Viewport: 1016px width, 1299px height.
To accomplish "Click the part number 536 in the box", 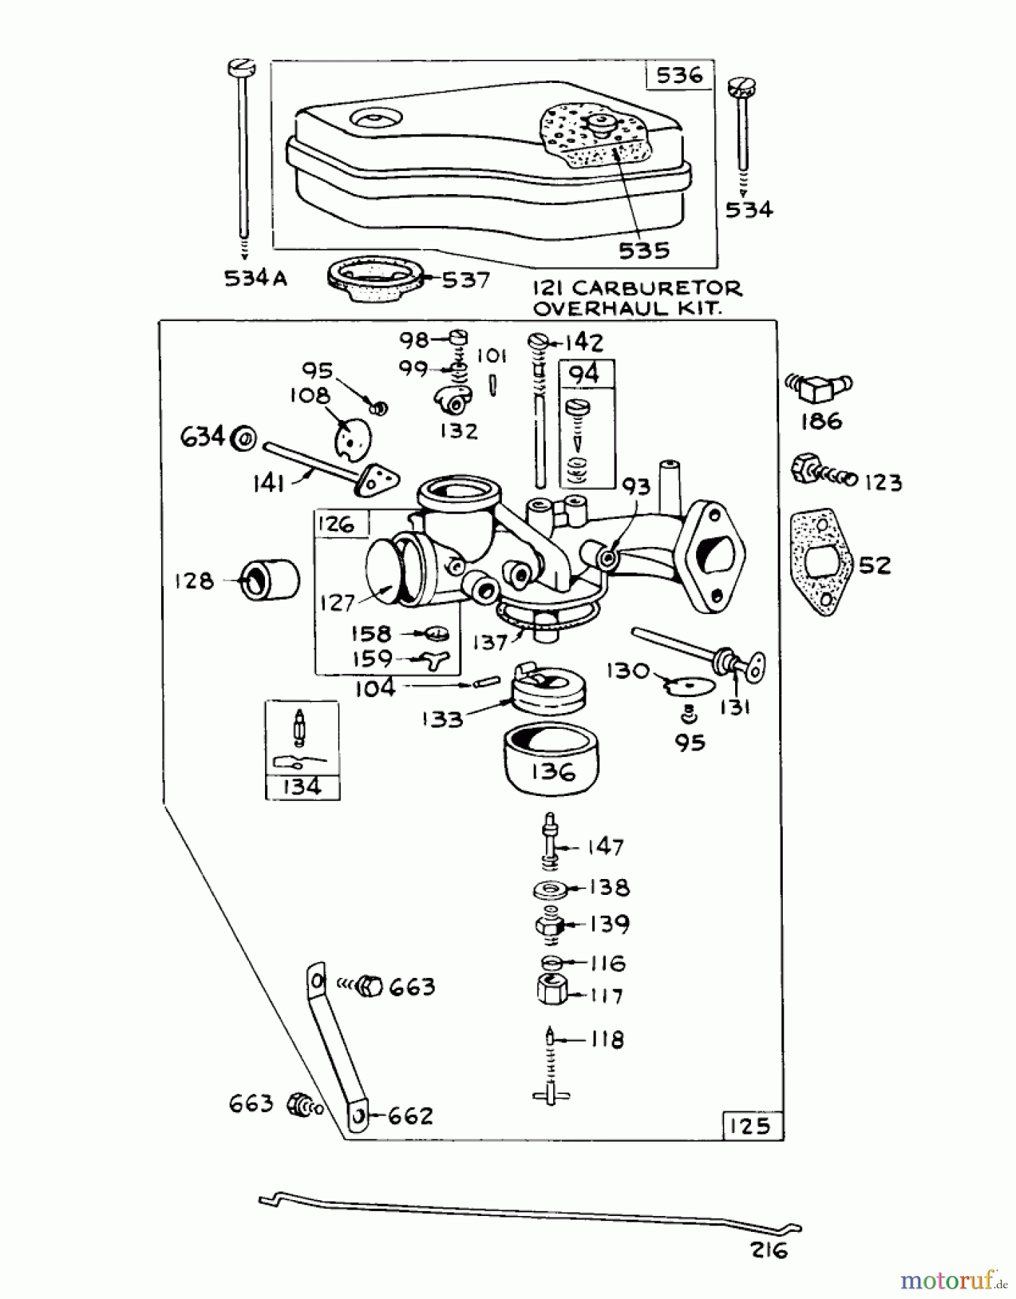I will point(678,75).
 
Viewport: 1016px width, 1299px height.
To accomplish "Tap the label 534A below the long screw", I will point(256,278).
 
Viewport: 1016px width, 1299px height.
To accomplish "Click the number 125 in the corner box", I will point(751,1126).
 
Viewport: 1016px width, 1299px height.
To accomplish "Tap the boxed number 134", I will point(302,786).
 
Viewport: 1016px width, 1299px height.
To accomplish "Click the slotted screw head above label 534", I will point(741,89).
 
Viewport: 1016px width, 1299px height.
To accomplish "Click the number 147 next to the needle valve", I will point(605,847).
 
